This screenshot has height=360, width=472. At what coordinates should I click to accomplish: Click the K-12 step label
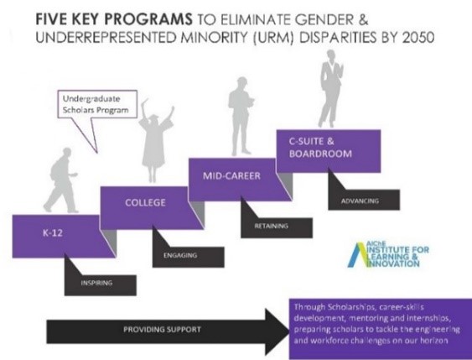tap(53, 233)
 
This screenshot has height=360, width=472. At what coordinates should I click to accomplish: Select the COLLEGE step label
tap(145, 202)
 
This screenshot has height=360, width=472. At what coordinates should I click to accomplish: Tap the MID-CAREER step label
tap(231, 175)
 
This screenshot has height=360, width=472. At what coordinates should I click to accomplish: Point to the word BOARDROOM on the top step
tap(320, 154)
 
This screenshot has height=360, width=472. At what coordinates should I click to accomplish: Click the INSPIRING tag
tap(96, 283)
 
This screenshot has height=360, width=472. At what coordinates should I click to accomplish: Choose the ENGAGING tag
tap(180, 255)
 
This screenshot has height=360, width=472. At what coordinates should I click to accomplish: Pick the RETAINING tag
tap(272, 226)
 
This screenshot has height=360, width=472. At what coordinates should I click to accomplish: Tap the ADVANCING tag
tap(360, 201)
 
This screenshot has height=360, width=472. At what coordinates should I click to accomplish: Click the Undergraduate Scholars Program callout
tap(97, 104)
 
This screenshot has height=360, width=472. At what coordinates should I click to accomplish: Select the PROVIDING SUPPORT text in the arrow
tap(162, 329)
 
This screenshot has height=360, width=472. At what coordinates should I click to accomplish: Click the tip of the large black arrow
tap(288, 331)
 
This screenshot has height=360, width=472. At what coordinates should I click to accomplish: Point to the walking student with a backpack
tap(61, 180)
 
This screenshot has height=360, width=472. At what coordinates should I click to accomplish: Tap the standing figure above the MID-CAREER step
tap(241, 117)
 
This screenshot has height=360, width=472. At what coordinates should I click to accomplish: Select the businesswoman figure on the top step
tap(331, 89)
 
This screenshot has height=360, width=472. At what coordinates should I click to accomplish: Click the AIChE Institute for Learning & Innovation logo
tap(388, 255)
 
